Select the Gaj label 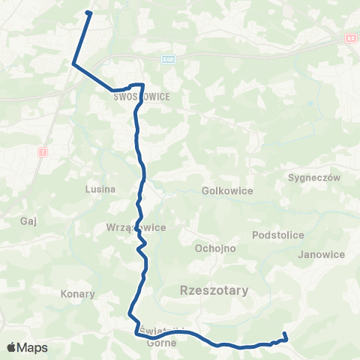point(29,222)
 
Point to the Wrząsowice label point(136,227)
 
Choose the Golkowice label point(227,190)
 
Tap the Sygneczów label point(314,178)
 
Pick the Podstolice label point(278,235)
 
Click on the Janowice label point(320,254)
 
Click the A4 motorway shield point(350,36)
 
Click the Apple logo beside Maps point(11,348)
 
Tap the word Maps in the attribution point(33,348)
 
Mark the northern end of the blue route point(89,13)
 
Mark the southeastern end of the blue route point(285,334)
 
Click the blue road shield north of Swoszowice point(168,58)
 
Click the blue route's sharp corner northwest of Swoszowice point(73,64)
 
